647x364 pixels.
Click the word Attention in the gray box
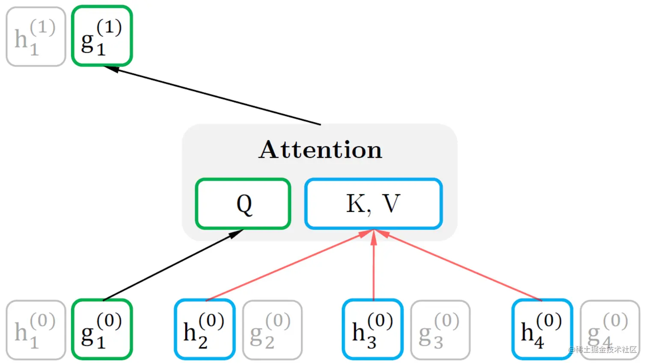[320, 150]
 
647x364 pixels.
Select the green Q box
[243, 204]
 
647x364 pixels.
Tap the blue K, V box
[373, 204]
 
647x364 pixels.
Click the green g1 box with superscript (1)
[102, 36]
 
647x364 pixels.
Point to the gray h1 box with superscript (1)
[36, 36]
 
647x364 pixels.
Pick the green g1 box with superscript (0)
[102, 329]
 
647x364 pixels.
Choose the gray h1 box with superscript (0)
[36, 330]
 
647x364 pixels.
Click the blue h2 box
[205, 329]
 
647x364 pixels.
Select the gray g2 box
[272, 330]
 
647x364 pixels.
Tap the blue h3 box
[373, 329]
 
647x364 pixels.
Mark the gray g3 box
[440, 330]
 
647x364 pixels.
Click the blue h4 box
[542, 329]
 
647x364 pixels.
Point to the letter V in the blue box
[391, 204]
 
